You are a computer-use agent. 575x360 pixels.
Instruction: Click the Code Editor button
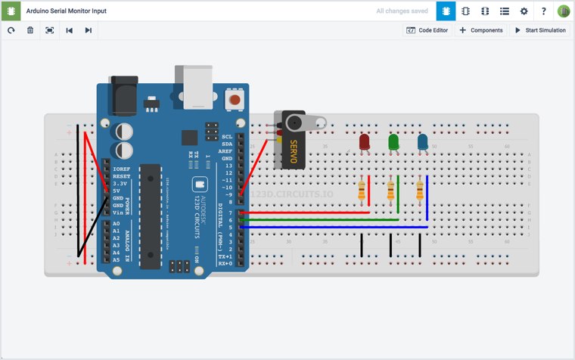427,30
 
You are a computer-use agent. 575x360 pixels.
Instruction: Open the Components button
481,30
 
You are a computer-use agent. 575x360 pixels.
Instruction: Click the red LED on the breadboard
364,142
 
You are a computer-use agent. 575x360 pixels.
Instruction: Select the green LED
393,142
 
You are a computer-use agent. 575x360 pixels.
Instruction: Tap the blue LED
422,142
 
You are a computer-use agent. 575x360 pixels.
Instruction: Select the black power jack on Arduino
123,95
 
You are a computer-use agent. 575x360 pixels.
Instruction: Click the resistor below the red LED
362,191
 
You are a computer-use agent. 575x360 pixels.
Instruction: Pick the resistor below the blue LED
420,191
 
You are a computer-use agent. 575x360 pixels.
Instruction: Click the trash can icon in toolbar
30,30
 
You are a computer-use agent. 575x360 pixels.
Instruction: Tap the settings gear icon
524,11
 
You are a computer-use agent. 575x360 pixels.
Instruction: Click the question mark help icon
543,11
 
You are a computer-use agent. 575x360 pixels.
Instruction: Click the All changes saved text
402,11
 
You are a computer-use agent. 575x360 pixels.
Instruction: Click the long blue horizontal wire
333,227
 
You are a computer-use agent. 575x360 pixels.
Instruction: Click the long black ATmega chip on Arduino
150,216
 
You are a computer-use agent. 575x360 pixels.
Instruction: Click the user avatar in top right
564,11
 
